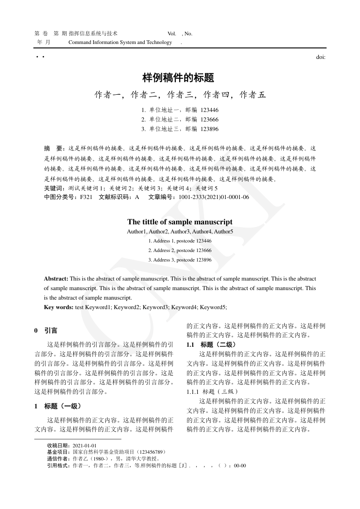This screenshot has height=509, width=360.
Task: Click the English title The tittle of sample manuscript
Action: point(180,222)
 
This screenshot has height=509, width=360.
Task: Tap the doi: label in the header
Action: point(321,57)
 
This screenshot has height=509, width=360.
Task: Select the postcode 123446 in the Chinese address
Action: point(209,110)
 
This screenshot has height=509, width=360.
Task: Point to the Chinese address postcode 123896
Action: point(209,129)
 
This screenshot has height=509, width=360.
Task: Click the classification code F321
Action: point(86,197)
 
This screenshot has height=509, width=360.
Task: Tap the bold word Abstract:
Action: point(56,278)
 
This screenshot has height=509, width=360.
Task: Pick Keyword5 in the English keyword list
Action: point(213,307)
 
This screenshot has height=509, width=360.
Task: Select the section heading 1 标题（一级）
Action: point(58,406)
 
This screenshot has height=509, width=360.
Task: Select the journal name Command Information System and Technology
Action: point(120,42)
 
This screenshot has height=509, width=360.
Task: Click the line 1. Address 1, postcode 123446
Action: point(180,241)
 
